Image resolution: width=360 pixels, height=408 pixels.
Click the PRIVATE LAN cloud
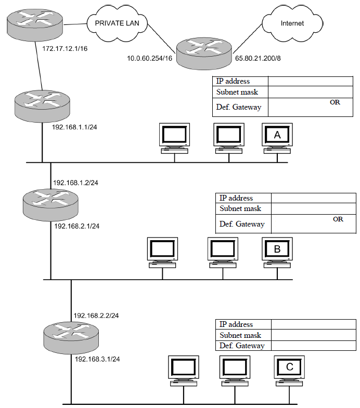[x=117, y=23]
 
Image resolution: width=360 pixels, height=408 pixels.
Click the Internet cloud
[x=292, y=23]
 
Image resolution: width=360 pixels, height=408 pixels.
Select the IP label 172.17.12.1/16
[x=65, y=49]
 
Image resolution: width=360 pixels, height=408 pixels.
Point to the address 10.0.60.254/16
[x=149, y=58]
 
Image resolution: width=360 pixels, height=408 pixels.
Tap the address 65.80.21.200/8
[x=258, y=58]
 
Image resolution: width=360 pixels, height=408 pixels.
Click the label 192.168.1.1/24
[x=74, y=127]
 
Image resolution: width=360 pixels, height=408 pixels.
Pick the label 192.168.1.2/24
[x=76, y=183]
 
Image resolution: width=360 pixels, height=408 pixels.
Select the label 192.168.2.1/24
[x=77, y=226]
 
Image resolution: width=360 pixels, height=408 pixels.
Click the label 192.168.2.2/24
[x=96, y=315]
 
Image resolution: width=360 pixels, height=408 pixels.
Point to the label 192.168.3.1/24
[x=97, y=359]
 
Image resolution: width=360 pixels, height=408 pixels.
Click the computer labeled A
[x=277, y=138]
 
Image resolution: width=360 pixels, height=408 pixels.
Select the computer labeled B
[x=277, y=253]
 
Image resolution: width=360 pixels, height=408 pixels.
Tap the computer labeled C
[x=289, y=371]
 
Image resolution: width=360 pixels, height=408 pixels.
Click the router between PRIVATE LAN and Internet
[x=204, y=54]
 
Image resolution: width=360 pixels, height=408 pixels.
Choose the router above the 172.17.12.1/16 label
[x=35, y=25]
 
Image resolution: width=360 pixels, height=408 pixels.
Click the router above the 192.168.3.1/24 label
[x=71, y=337]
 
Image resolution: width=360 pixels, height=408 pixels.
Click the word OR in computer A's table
[x=335, y=102]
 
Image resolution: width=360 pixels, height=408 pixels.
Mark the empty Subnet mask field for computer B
[x=313, y=209]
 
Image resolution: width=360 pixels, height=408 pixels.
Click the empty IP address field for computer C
[x=313, y=324]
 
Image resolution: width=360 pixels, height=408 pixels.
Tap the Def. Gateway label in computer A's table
[x=239, y=107]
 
